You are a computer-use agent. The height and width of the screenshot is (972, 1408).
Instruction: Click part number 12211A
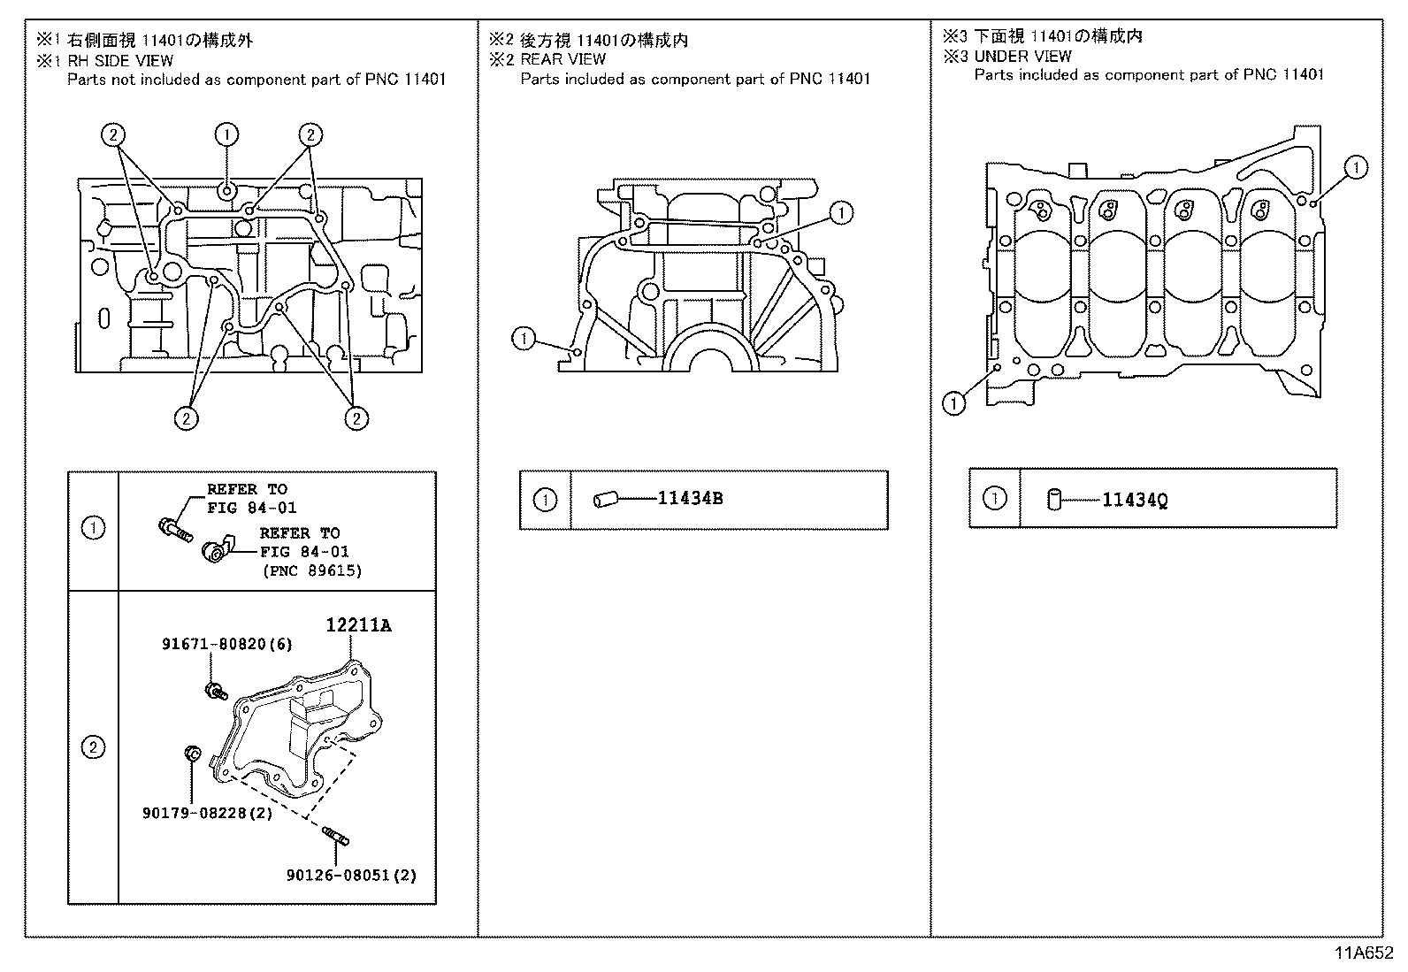[x=358, y=625]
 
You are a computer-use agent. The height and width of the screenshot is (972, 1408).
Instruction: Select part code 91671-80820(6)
[x=226, y=645]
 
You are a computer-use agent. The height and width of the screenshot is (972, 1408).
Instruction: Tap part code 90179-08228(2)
[x=207, y=812]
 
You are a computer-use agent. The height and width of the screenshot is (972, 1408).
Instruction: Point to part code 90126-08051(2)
[x=351, y=875]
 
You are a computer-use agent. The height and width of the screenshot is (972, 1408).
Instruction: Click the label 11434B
[x=690, y=499]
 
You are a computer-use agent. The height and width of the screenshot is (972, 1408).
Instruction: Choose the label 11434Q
[x=1135, y=501]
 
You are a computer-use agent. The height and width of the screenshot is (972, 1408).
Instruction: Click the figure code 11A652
[x=1364, y=953]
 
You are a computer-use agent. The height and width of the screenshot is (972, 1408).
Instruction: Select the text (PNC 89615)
[x=312, y=570]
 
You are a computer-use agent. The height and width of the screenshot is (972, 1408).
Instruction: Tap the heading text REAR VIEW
[x=562, y=59]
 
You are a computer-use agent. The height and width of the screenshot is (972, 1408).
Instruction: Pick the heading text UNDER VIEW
[x=1022, y=56]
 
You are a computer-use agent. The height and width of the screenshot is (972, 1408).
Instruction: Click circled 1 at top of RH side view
[x=226, y=134]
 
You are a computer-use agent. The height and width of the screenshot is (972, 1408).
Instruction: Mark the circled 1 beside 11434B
[x=546, y=500]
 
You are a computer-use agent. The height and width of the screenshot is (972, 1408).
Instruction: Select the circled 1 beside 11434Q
[x=995, y=499]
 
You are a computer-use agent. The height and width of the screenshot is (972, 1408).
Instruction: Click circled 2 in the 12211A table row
[x=93, y=747]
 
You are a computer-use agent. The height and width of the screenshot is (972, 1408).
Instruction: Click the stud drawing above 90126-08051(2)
[x=338, y=833]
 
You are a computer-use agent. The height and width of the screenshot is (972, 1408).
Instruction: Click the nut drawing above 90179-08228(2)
[x=190, y=754]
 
